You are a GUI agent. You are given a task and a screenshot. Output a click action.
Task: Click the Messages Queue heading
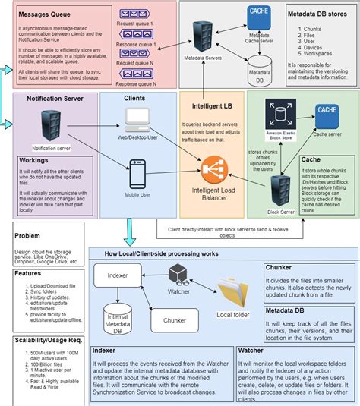click(45, 14)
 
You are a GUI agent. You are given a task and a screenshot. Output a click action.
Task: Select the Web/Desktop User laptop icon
click(138, 115)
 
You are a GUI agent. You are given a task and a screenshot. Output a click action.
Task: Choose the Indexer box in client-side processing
click(118, 274)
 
